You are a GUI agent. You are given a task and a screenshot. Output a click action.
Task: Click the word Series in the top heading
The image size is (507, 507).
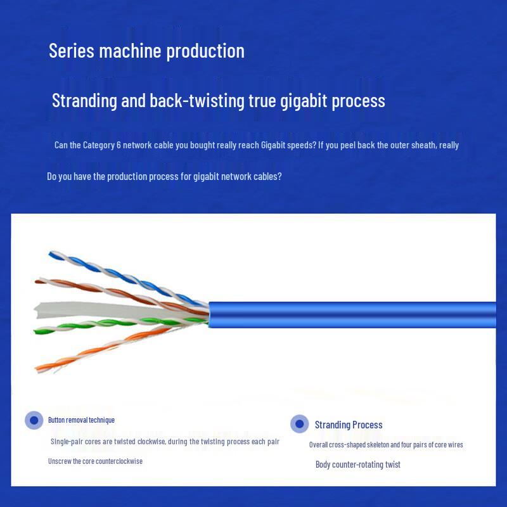pyautogui.click(x=72, y=51)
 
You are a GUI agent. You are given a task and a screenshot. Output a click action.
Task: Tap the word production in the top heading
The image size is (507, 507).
pyautogui.click(x=205, y=51)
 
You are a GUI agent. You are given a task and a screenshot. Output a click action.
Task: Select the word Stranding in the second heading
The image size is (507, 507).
pyautogui.click(x=85, y=101)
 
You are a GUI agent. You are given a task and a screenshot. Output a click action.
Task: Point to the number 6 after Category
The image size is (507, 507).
pyautogui.click(x=119, y=145)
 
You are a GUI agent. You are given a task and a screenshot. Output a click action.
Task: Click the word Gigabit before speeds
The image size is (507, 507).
pyautogui.click(x=273, y=145)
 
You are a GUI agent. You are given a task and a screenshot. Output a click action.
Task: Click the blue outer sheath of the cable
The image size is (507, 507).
pyautogui.click(x=352, y=314)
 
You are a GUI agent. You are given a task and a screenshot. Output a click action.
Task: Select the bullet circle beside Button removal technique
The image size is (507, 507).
pyautogui.click(x=34, y=420)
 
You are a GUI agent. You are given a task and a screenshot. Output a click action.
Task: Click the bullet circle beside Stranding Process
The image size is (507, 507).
pyautogui.click(x=299, y=423)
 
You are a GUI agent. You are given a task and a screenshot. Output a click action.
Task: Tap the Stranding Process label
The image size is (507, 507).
pyautogui.click(x=349, y=425)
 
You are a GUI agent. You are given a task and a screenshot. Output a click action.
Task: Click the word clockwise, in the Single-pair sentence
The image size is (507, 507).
pyautogui.click(x=151, y=441)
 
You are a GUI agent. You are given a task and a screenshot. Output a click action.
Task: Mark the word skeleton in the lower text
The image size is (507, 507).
pyautogui.click(x=378, y=445)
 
